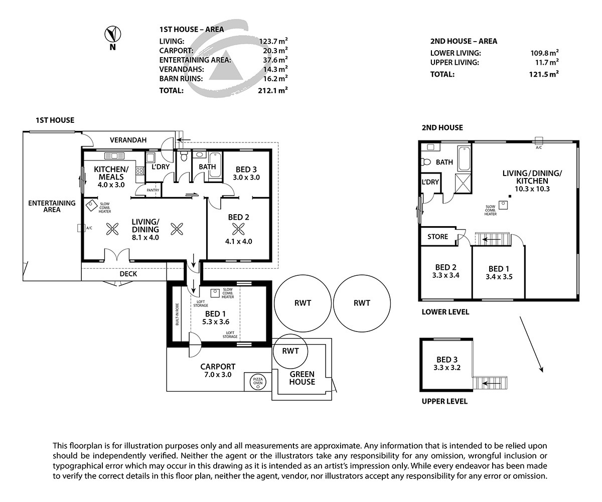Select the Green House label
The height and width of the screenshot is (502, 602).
(x=302, y=378)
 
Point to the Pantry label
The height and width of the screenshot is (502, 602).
(x=153, y=191)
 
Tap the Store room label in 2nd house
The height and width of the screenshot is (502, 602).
(x=437, y=237)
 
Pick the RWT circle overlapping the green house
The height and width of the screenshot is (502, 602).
(x=290, y=351)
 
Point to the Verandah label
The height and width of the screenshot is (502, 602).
(x=128, y=140)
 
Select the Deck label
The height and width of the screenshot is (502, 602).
(x=128, y=274)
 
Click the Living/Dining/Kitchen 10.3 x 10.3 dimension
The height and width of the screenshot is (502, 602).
(x=532, y=189)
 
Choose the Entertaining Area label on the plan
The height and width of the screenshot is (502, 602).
(x=52, y=206)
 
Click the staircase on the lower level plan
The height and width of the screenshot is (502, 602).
(x=492, y=239)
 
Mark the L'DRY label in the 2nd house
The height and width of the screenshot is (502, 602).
(x=430, y=182)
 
